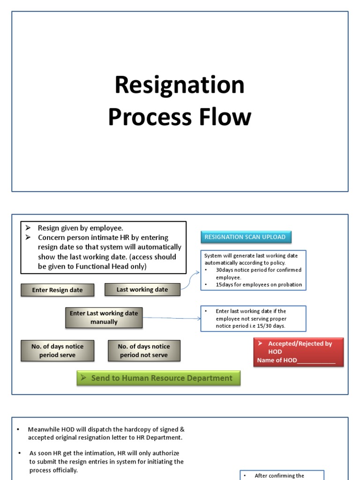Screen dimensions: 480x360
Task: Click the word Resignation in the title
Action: click(x=180, y=85)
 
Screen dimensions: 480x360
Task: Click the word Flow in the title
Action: click(x=226, y=117)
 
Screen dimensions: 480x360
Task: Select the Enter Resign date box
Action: click(x=57, y=290)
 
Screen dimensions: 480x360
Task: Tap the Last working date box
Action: click(x=142, y=290)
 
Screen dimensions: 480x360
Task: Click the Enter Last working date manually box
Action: click(x=104, y=318)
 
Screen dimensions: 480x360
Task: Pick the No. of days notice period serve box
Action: click(x=57, y=351)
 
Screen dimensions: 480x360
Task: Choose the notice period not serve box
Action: click(x=143, y=351)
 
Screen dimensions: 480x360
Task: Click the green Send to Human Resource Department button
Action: click(x=158, y=378)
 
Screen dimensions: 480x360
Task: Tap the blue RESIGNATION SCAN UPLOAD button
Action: click(x=246, y=237)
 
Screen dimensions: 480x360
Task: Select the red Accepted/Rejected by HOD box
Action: click(x=298, y=347)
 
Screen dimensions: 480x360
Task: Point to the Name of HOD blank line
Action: click(x=316, y=360)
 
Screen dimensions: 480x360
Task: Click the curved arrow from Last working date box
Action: click(x=190, y=280)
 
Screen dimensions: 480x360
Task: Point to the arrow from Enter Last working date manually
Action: click(x=172, y=318)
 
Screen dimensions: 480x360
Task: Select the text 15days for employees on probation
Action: click(x=259, y=285)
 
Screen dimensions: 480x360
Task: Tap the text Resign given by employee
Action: click(x=80, y=228)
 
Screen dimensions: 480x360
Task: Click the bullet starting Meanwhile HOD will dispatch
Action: click(x=106, y=434)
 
